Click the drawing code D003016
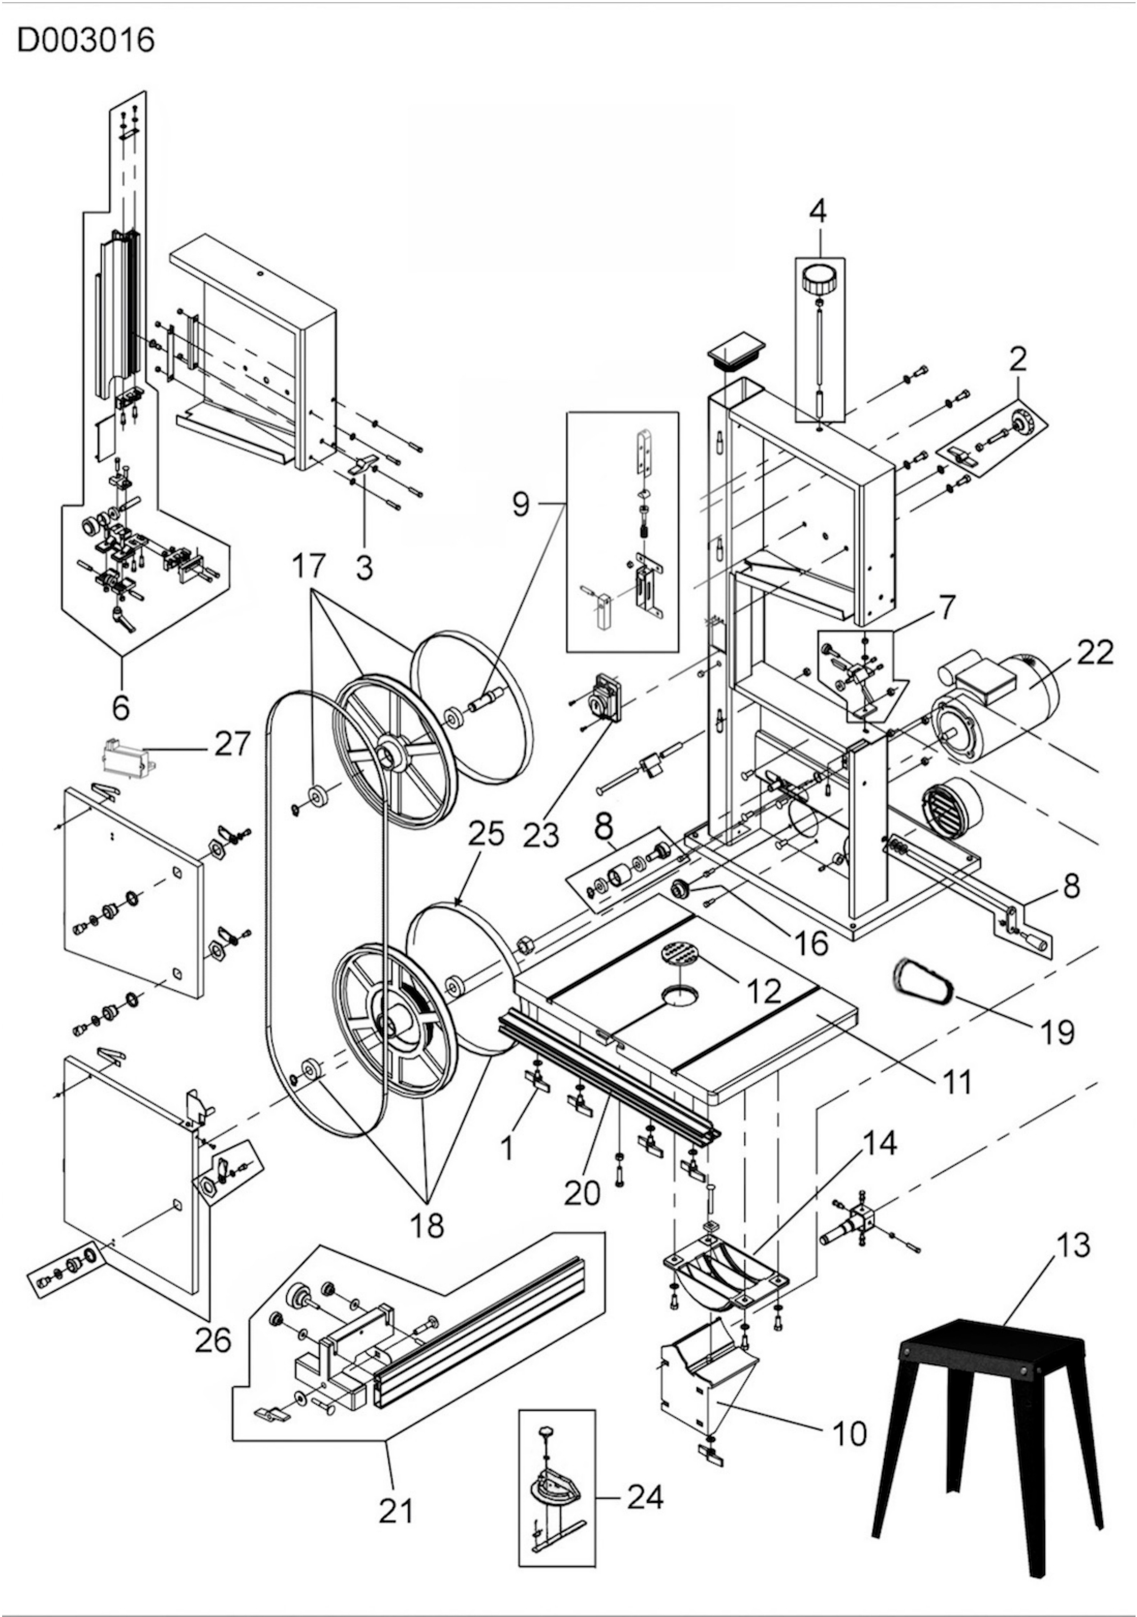[x=85, y=41]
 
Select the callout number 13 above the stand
[x=1072, y=1245]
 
